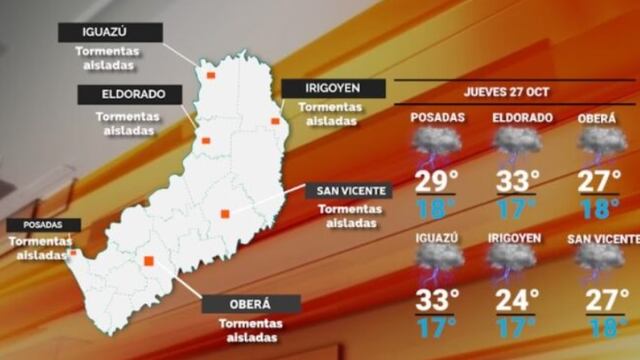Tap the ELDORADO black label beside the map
coord(127,95)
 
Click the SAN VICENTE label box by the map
coord(347,191)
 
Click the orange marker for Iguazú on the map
coord(210,74)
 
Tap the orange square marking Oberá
coord(149,261)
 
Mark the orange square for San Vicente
coord(225,212)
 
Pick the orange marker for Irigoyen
coord(275,121)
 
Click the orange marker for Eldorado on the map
coord(206,141)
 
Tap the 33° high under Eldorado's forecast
coord(518,183)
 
